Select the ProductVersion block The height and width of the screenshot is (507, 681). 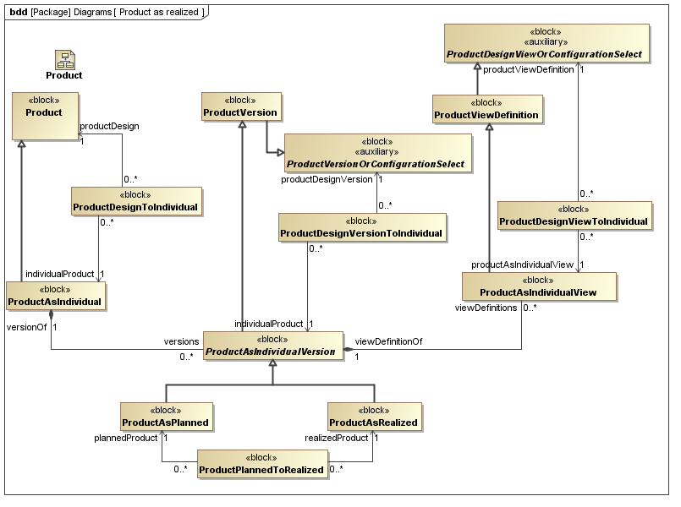[241, 107]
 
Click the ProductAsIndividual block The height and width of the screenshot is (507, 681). [55, 296]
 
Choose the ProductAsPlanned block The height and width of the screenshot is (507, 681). [165, 416]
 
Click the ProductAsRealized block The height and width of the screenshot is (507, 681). [373, 416]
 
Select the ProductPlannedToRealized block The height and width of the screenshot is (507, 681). [262, 464]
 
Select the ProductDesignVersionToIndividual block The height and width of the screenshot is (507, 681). [361, 226]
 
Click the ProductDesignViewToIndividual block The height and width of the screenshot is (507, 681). [574, 215]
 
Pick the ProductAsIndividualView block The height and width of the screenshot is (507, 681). [539, 286]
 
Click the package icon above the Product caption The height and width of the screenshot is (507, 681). [64, 59]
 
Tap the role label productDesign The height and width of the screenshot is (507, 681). [108, 126]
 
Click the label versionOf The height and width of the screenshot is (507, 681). [26, 325]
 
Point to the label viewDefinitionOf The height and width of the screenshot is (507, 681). [388, 341]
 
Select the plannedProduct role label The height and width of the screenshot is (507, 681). [126, 438]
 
